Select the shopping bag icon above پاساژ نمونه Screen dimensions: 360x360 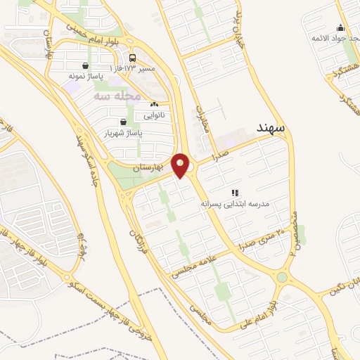click(x=84, y=65)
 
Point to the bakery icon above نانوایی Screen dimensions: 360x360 click(x=153, y=104)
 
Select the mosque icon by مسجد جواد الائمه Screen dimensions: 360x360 click(x=341, y=28)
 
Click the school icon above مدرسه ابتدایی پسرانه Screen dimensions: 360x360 click(x=236, y=192)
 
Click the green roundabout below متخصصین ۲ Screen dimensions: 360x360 click(x=282, y=277)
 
